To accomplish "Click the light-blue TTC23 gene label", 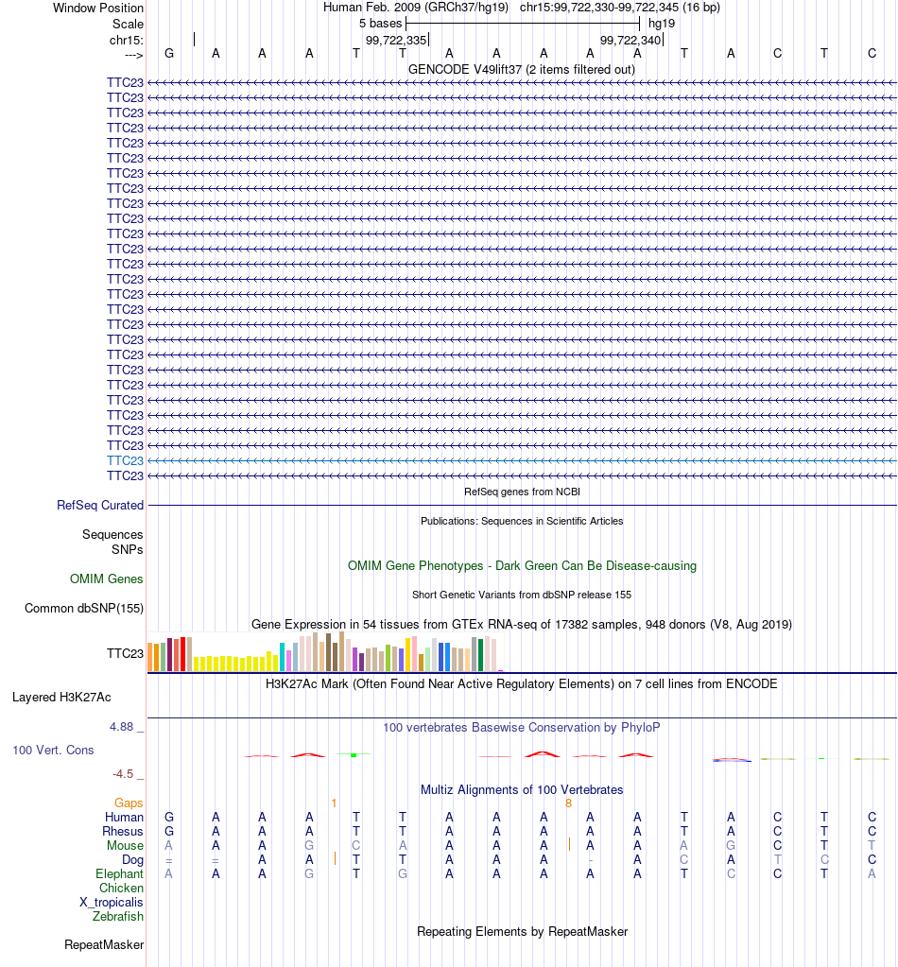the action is [x=125, y=460].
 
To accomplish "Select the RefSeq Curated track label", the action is [x=100, y=505].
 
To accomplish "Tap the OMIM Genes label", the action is [x=106, y=578].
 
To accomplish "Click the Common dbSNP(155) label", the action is [x=84, y=608].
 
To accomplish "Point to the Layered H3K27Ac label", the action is [x=61, y=697].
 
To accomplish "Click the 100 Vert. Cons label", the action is [x=53, y=750].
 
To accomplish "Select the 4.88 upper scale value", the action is [x=122, y=727].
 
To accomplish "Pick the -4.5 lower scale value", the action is [x=123, y=773].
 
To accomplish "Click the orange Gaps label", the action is [x=129, y=803].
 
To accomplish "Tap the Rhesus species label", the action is [x=123, y=831].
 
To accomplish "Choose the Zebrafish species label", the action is [x=118, y=917].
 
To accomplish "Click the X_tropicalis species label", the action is [x=111, y=902].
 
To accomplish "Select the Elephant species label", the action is [x=119, y=873].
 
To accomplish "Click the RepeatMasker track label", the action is [x=104, y=945].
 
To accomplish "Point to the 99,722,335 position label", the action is [x=396, y=40].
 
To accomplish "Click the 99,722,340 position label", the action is [x=630, y=40].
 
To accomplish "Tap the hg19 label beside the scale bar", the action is [x=662, y=24].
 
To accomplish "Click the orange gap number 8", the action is [x=569, y=803].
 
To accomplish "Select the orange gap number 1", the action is [x=334, y=803].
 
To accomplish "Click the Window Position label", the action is [x=98, y=8].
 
